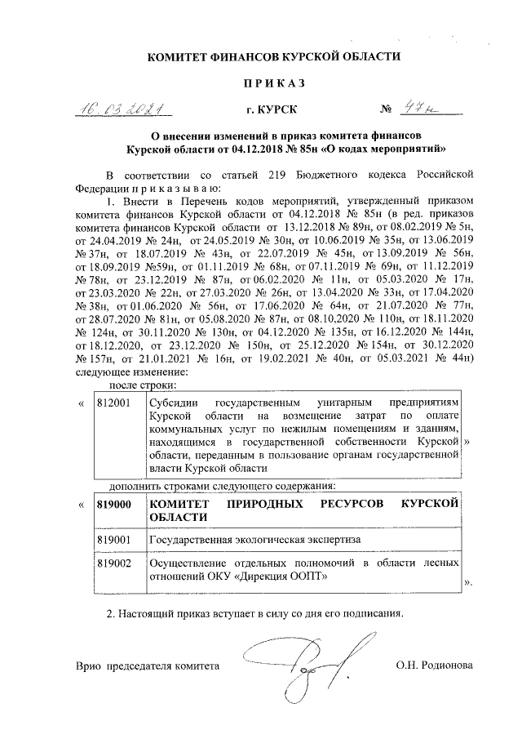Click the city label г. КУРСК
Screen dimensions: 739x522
tap(272, 109)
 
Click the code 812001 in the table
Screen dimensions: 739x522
tap(113, 404)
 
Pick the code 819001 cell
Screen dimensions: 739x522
tap(114, 540)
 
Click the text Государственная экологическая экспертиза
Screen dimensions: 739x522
tap(254, 540)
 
